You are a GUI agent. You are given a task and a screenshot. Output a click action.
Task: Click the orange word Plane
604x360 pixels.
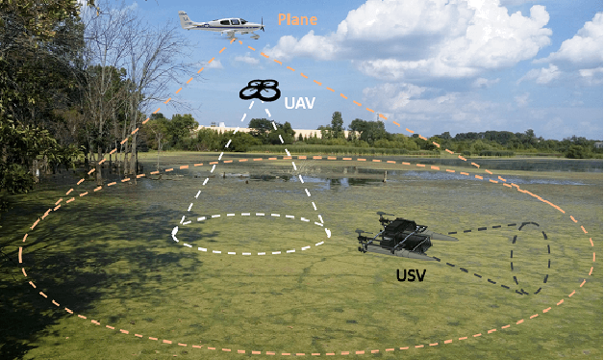point(296,19)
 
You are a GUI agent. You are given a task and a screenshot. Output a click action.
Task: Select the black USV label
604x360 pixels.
point(412,275)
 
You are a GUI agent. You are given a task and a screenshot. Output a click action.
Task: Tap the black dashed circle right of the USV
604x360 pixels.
point(530,258)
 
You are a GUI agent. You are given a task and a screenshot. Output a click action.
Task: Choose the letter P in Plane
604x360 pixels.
point(282,19)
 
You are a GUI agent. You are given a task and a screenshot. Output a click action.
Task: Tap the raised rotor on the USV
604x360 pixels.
point(386,217)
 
